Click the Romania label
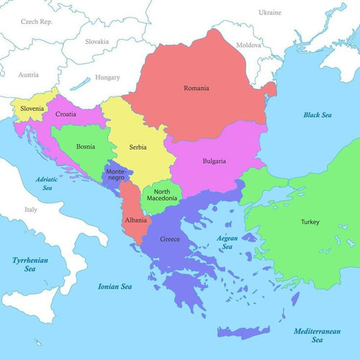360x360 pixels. coord(195,88)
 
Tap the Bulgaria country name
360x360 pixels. coord(214,161)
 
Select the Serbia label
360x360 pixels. coord(138,147)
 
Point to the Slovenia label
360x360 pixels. coord(32,109)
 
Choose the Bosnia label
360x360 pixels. coord(86,146)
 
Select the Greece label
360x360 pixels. coord(170,239)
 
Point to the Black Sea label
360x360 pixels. coord(316,114)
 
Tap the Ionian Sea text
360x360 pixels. coord(114,287)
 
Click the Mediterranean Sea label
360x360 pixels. coord(318,335)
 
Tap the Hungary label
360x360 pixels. coord(107,77)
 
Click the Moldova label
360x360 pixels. coord(249,45)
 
